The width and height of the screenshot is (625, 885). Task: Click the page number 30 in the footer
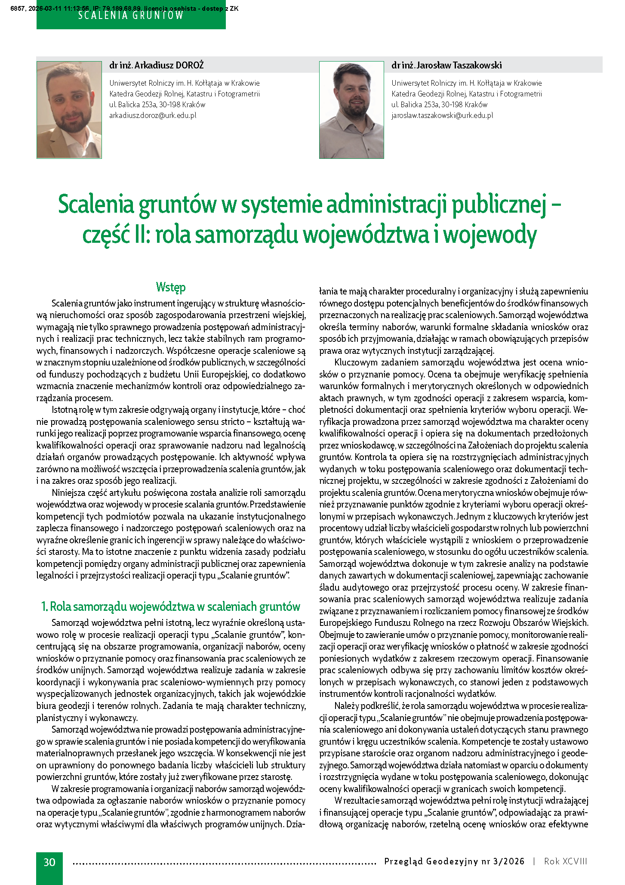[49, 862]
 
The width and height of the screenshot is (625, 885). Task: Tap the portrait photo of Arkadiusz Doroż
[69, 110]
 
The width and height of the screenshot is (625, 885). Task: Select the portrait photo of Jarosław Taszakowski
[351, 110]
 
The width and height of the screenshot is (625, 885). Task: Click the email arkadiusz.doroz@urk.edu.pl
[153, 115]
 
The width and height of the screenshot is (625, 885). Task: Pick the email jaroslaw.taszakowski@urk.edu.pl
[442, 115]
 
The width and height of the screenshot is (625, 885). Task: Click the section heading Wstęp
[171, 287]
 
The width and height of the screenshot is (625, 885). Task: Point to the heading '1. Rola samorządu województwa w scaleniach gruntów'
[171, 607]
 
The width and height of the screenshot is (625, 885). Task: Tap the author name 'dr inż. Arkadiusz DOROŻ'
[157, 65]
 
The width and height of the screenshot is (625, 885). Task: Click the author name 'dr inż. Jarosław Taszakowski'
[446, 65]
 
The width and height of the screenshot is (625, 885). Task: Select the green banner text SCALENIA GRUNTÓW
[131, 16]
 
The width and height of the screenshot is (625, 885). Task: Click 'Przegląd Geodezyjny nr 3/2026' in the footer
[454, 861]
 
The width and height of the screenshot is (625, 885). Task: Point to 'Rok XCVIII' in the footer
[565, 861]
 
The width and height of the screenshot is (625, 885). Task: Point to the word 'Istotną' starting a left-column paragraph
[66, 409]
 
